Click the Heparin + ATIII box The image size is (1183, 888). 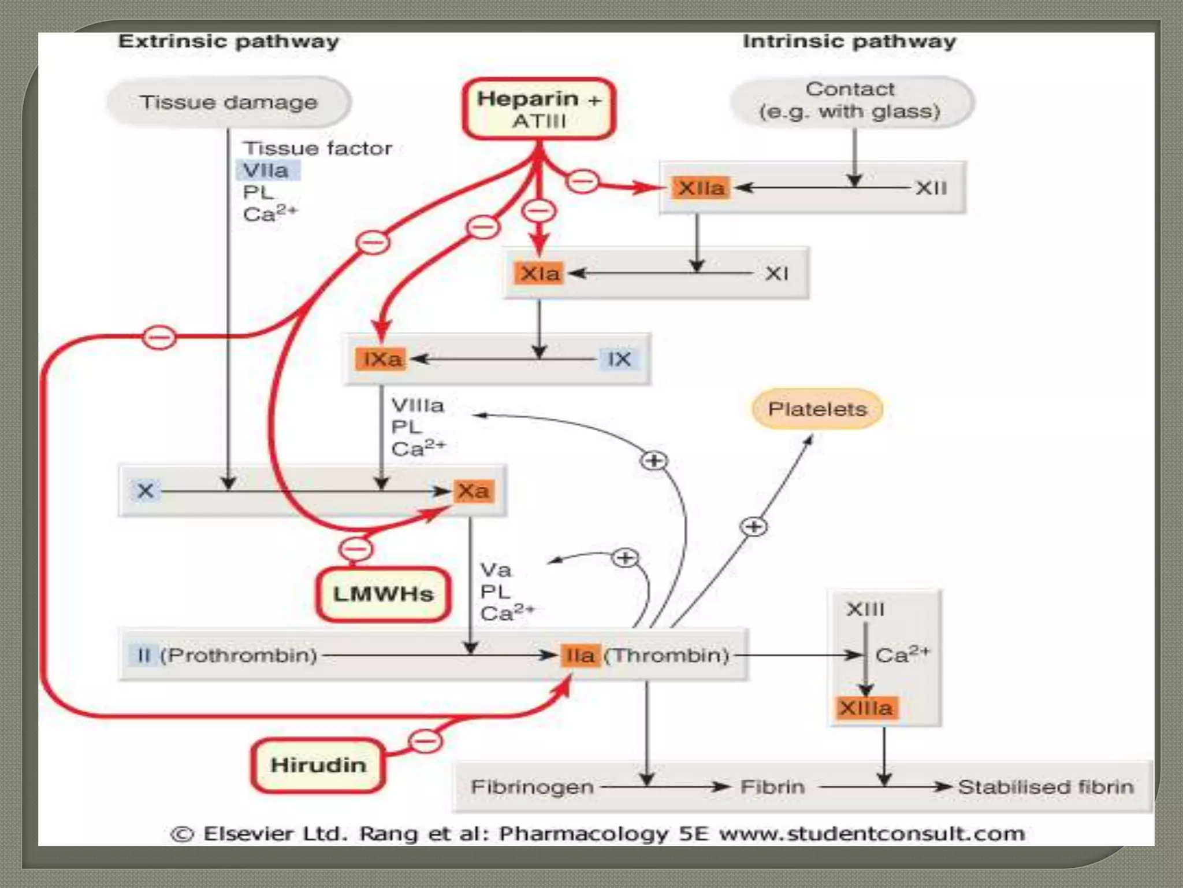(x=538, y=109)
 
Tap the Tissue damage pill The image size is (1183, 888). (x=229, y=102)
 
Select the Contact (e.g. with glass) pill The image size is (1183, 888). (x=851, y=101)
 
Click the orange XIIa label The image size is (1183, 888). (x=701, y=188)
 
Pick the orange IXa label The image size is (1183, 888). (x=381, y=359)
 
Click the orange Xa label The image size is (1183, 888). (x=474, y=491)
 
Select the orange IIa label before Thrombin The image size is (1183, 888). (x=580, y=656)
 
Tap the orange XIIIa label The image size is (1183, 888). (x=866, y=708)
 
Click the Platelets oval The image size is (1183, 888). (x=817, y=409)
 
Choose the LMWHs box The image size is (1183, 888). (x=383, y=594)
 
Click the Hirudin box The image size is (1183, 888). (x=318, y=765)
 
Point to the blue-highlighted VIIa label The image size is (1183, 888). (x=266, y=171)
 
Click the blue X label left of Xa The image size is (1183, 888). (x=145, y=491)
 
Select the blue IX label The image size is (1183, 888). (x=619, y=359)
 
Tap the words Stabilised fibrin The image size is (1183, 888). (x=1046, y=787)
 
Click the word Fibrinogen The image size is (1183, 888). (x=532, y=787)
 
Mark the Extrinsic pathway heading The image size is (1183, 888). (x=229, y=42)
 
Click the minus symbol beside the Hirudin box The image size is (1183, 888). (x=426, y=741)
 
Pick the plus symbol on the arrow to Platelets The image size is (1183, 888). (x=754, y=527)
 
